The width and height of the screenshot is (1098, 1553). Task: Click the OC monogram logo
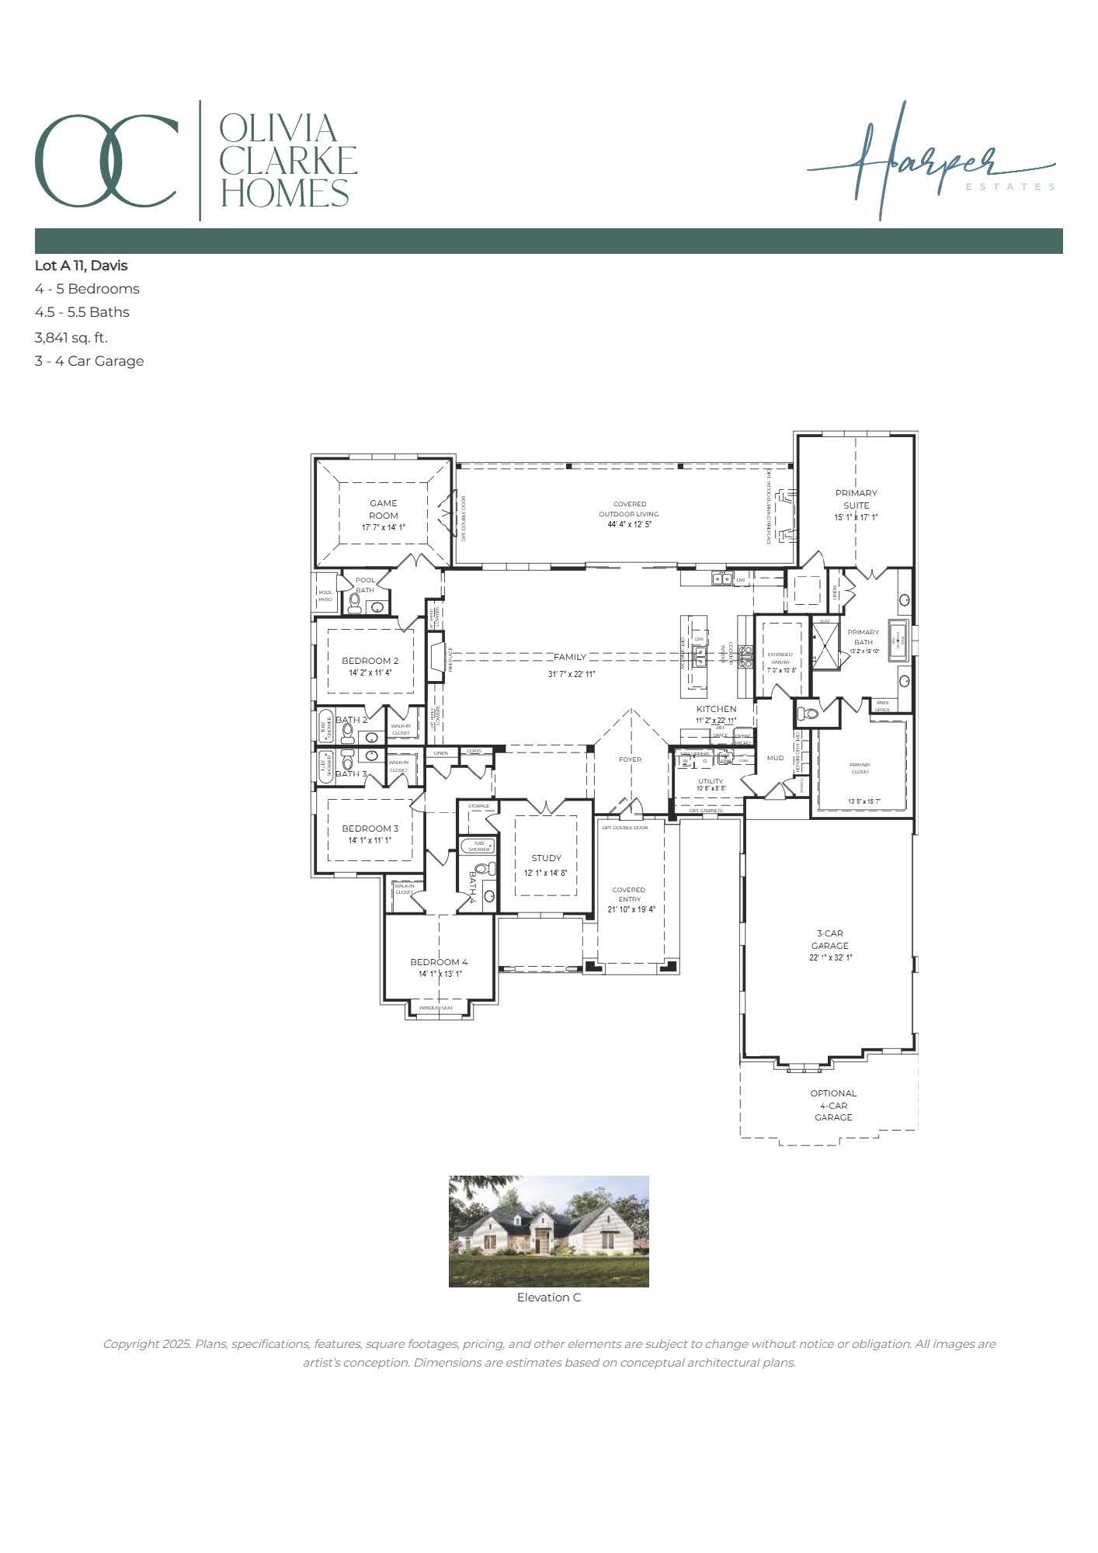(x=106, y=161)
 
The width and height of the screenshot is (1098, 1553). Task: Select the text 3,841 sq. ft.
(x=71, y=337)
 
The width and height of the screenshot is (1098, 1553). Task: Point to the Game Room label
(x=384, y=509)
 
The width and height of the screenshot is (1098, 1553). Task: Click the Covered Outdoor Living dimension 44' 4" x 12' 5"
(x=629, y=524)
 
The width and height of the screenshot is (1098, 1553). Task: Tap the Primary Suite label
(x=857, y=499)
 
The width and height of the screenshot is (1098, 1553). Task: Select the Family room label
(x=570, y=657)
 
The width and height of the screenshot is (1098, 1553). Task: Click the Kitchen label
(x=716, y=709)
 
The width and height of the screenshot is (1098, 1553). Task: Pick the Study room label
(x=546, y=858)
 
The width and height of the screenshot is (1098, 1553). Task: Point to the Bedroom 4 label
(x=440, y=962)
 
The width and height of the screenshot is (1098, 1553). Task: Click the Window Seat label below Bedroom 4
(x=436, y=1008)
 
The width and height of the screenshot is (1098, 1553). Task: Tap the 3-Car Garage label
(x=830, y=940)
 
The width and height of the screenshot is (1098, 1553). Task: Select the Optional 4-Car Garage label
(x=833, y=1105)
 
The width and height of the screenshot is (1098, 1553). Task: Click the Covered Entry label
(x=629, y=895)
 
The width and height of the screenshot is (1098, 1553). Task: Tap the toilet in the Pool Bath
(x=355, y=605)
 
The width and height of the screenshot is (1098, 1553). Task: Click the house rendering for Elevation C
(x=548, y=1231)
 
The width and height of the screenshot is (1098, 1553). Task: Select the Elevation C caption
(x=548, y=1298)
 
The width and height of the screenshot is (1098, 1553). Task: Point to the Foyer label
(x=631, y=759)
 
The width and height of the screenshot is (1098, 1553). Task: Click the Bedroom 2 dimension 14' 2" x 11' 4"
(x=370, y=672)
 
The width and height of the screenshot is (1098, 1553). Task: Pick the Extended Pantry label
(x=780, y=658)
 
